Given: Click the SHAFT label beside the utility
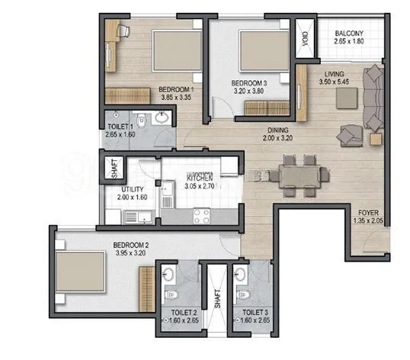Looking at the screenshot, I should coord(114,168).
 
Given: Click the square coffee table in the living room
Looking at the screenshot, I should coord(348,98).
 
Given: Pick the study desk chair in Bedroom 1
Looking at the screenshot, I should coord(123,32).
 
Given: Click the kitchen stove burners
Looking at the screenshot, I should coord(201,213).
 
